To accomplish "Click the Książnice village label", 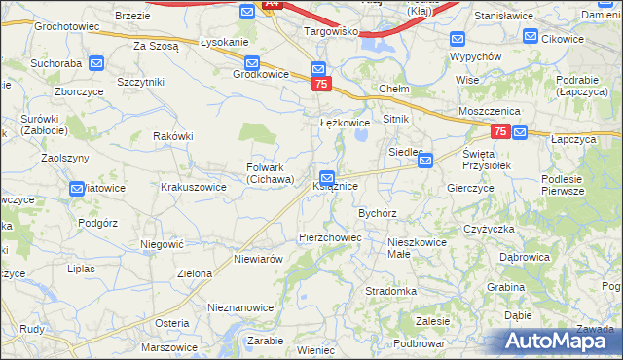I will pyautogui.click(x=337, y=186).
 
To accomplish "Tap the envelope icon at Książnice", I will pyautogui.click(x=327, y=178).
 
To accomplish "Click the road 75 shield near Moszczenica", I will pyautogui.click(x=499, y=131).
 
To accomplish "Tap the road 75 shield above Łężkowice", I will pyautogui.click(x=321, y=86).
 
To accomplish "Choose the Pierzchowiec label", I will pyautogui.click(x=330, y=237).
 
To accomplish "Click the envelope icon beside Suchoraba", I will pyautogui.click(x=96, y=63).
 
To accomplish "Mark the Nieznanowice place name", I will pyautogui.click(x=240, y=306).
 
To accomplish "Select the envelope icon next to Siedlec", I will pyautogui.click(x=425, y=162).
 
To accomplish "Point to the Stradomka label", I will pyautogui.click(x=390, y=291).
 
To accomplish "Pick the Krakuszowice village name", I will pyautogui.click(x=194, y=186).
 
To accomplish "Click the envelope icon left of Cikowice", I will pyautogui.click(x=531, y=36).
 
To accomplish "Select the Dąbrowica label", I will pyautogui.click(x=525, y=257).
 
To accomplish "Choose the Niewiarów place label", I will pyautogui.click(x=259, y=260).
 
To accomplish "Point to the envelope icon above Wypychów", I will pyautogui.click(x=458, y=39).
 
